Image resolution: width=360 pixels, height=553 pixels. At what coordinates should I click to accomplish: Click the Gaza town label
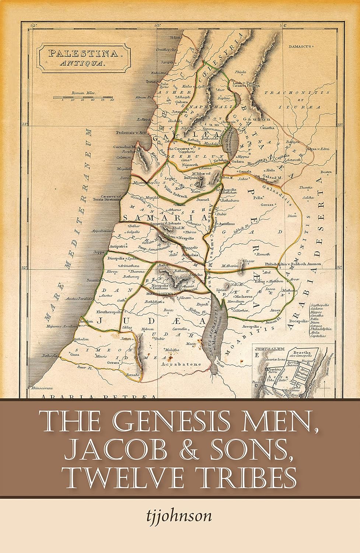click(75, 353)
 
